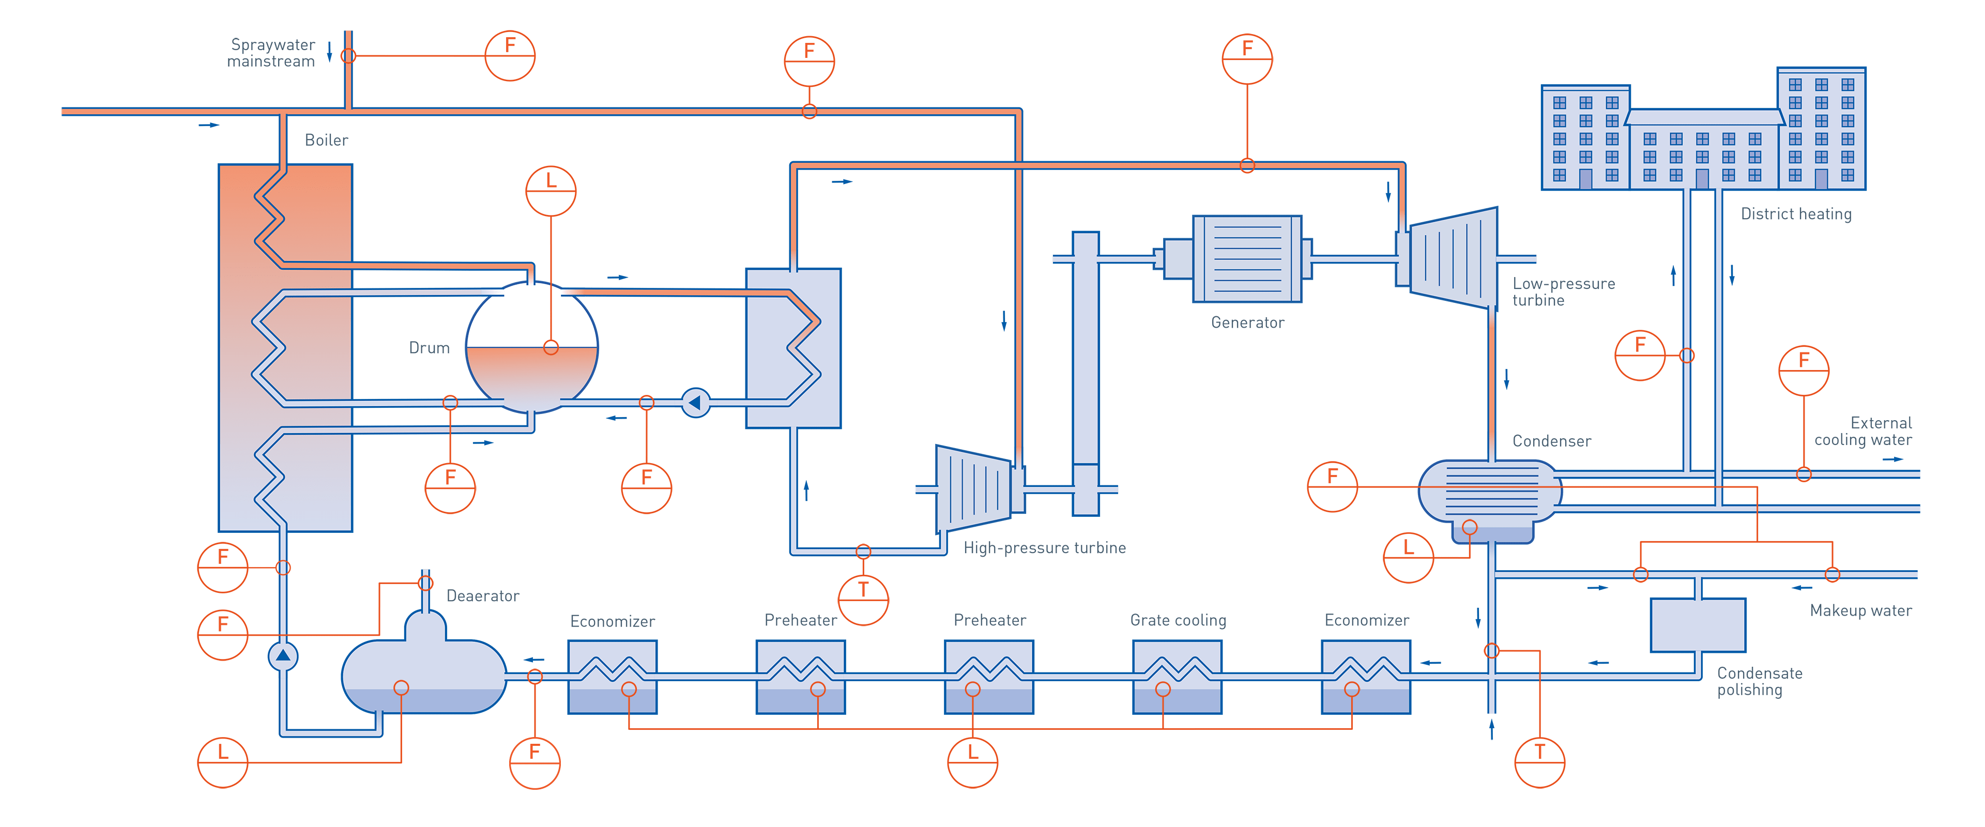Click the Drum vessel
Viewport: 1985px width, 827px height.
tap(532, 347)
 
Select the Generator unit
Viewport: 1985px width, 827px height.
tap(1247, 258)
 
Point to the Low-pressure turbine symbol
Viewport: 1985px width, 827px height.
tap(1453, 258)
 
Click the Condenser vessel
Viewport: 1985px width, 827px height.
tap(1489, 493)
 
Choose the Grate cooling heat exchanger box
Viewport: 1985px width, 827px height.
tap(1177, 677)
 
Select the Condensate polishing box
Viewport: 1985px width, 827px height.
tap(1698, 625)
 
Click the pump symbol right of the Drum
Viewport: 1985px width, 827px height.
tap(696, 402)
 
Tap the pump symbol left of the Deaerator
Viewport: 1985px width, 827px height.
tap(283, 656)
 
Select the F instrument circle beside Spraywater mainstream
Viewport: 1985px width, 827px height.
tap(509, 55)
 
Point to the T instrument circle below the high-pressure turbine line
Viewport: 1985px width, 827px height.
tap(863, 600)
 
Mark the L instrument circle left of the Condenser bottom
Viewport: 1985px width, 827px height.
tap(1408, 557)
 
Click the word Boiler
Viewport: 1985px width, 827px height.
tap(326, 140)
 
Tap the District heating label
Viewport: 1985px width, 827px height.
tap(1795, 215)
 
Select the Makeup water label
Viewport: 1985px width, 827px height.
tap(1860, 610)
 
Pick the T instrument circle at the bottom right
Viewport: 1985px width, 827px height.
tap(1539, 762)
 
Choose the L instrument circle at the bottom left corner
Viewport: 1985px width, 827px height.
tap(223, 762)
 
